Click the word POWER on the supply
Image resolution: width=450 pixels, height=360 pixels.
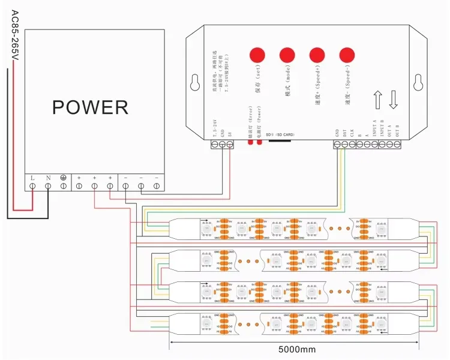point(90,107)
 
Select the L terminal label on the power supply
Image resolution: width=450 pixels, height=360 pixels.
point(32,178)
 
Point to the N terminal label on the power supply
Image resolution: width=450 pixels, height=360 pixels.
point(48,178)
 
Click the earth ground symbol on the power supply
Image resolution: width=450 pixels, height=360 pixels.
point(64,178)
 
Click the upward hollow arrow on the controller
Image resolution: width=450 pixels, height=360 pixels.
point(378,99)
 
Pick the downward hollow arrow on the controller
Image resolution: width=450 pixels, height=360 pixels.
point(394,99)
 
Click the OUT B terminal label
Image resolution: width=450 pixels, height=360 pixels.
point(406,128)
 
